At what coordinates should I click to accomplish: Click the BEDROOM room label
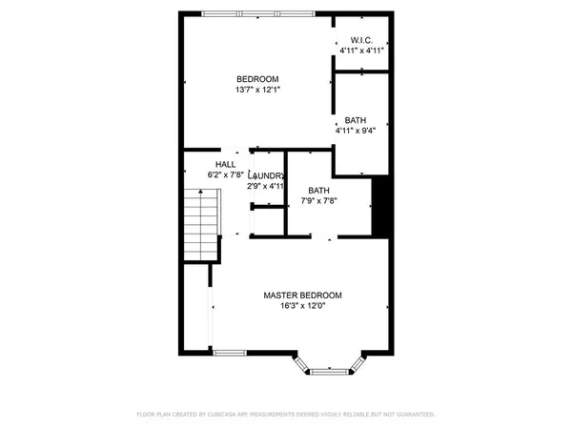257,78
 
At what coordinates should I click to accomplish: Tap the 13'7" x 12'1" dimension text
257,90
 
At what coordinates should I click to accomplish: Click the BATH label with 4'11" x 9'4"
356,120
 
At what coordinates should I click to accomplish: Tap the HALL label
225,164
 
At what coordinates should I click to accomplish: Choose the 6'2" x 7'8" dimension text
226,175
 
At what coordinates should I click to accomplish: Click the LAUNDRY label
266,175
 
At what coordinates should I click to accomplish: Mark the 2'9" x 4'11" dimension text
266,187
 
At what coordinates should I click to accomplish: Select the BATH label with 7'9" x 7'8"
318,191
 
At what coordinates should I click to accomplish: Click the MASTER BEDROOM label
302,296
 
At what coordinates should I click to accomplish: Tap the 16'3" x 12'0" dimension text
302,307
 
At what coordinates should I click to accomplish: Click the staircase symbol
201,224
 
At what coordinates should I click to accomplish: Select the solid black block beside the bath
380,205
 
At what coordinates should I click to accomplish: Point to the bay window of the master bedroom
329,364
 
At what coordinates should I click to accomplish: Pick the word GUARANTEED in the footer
413,415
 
